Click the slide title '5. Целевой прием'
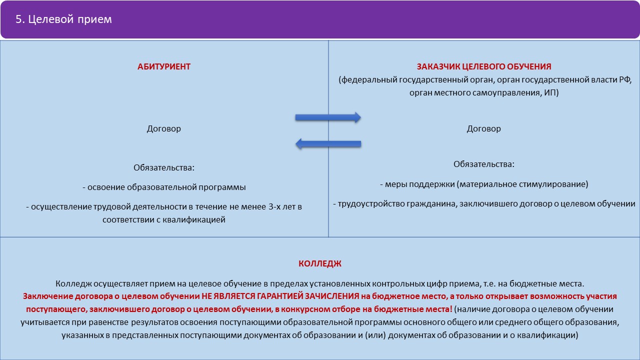coord(63,19)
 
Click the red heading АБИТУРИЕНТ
coord(163,66)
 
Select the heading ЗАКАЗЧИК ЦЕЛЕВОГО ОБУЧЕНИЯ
coord(484,66)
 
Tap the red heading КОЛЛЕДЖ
coord(320,263)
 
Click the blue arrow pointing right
coord(328,117)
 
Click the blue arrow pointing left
coord(328,143)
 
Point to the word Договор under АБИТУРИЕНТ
coord(163,129)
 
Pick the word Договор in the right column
coord(483,129)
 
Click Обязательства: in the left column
coord(164,167)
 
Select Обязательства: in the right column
coord(484,164)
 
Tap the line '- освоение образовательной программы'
coord(164,187)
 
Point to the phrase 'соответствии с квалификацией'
coord(164,219)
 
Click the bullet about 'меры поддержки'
coord(484,184)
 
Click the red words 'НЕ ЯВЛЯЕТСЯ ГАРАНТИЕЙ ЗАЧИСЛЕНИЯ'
coord(280,296)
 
